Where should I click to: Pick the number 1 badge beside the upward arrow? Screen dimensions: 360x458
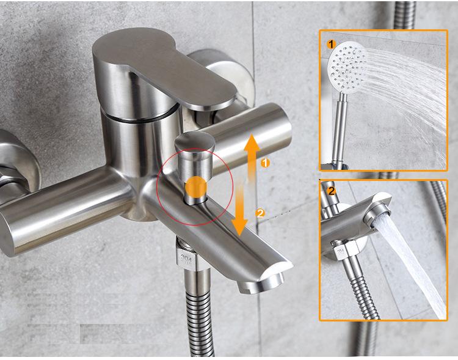(x=264, y=163)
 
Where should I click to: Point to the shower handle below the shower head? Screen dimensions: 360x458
(x=340, y=128)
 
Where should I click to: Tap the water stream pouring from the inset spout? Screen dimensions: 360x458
(x=415, y=263)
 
